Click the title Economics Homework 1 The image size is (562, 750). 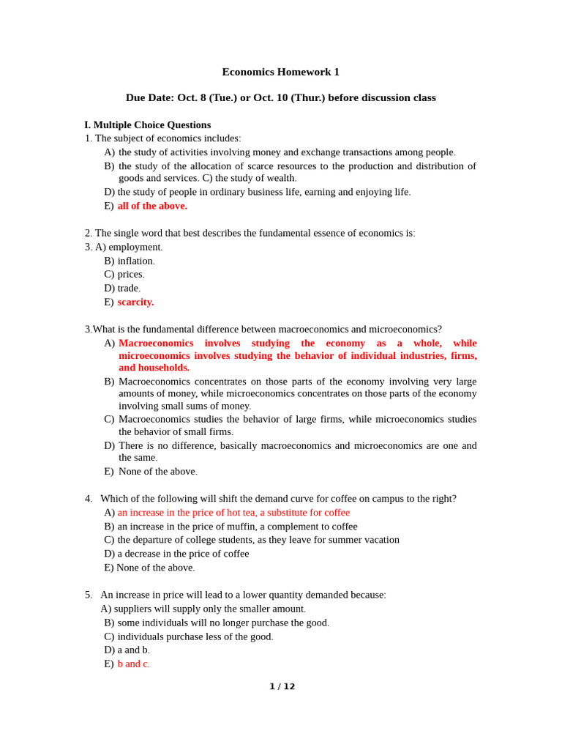tap(280, 72)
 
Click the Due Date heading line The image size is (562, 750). tap(280, 97)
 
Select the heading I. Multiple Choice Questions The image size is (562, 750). tap(147, 125)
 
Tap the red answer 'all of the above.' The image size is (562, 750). tap(152, 206)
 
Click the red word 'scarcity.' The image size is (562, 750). tap(135, 302)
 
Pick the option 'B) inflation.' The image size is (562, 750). tap(130, 261)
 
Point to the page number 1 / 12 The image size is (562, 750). tap(282, 686)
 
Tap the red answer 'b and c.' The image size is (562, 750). tap(133, 664)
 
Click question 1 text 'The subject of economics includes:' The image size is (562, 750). tap(168, 138)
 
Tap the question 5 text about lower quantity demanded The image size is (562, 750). tap(243, 595)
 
